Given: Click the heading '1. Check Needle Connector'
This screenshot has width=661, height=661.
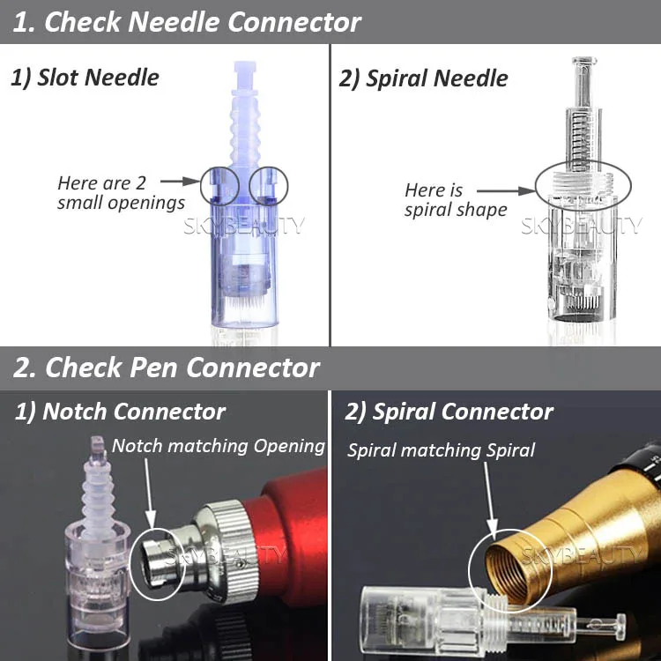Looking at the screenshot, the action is [x=187, y=22].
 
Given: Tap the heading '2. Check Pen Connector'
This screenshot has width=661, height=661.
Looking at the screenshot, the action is [x=167, y=367].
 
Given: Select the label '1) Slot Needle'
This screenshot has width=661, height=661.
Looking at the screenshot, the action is [x=85, y=77].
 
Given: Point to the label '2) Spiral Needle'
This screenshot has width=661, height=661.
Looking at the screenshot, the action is [x=423, y=78].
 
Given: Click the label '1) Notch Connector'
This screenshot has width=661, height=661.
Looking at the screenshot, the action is [x=120, y=412].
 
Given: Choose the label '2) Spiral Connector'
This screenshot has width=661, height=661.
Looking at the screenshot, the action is [x=449, y=412].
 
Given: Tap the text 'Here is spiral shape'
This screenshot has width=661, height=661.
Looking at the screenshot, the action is [x=455, y=200].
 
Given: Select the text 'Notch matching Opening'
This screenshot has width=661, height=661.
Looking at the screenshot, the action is [x=219, y=446].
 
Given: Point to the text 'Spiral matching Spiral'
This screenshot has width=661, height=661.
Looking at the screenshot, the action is [x=441, y=450].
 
